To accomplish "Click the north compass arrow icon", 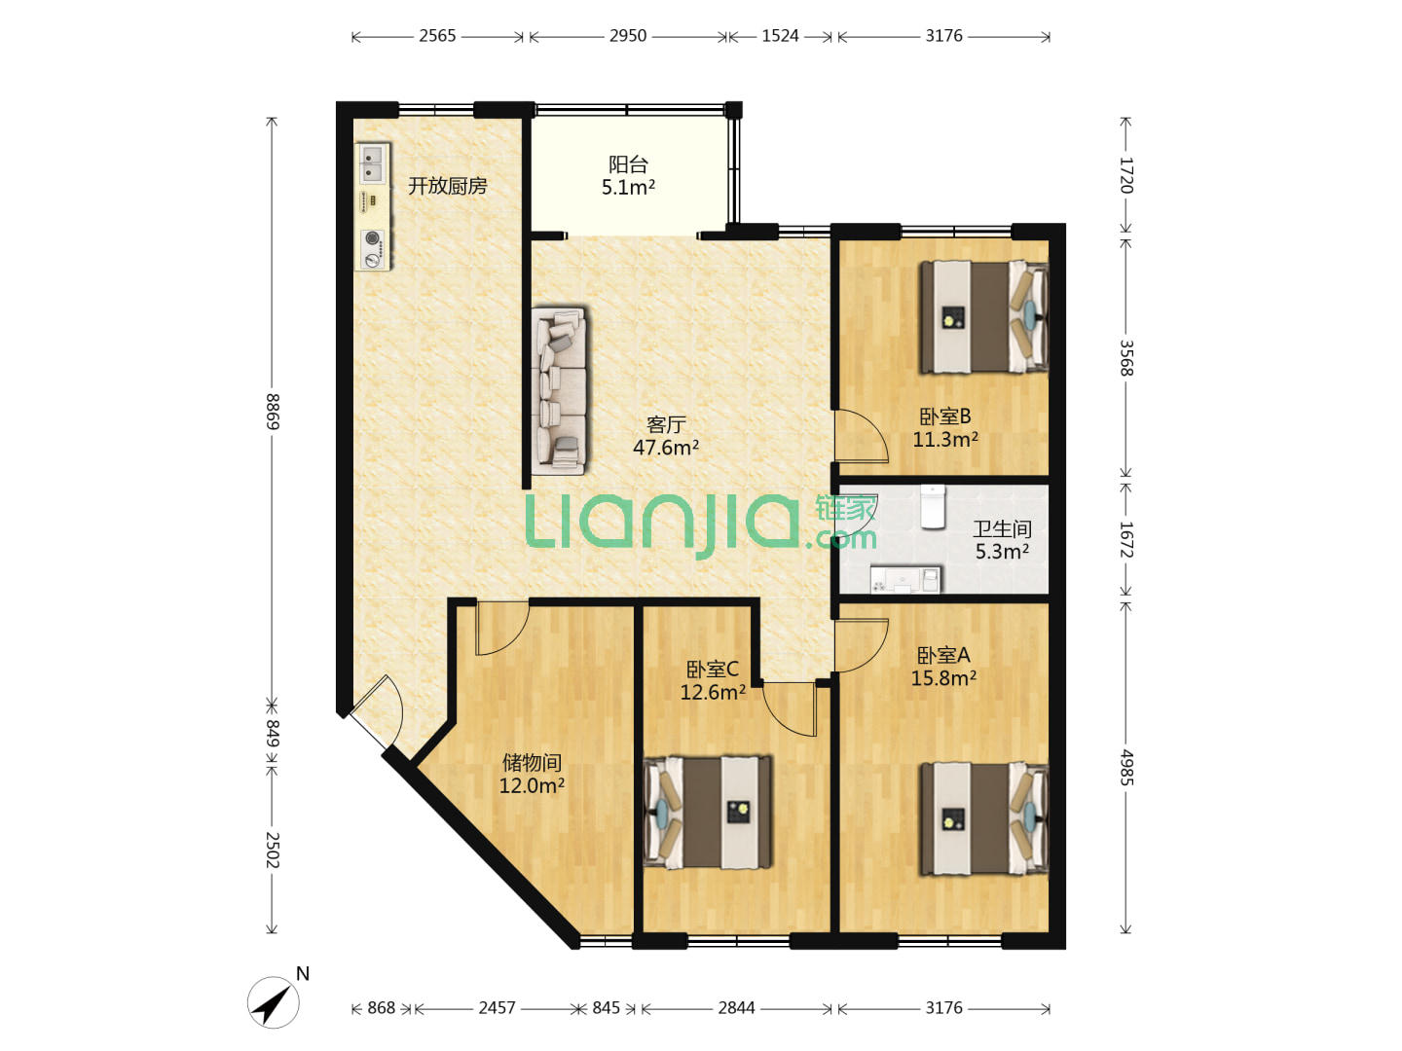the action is pos(274,1002).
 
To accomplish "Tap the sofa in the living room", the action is pos(559,391).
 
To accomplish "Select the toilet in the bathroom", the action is pos(933,507).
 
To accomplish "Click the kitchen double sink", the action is pos(373,163).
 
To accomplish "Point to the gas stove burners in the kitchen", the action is pos(373,247).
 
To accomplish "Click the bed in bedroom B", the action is pos(983,317).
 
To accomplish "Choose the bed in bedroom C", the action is pos(708,813).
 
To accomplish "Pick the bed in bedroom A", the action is pos(983,818).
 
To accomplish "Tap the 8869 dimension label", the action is pos(273,412).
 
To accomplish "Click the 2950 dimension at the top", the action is pos(627,36).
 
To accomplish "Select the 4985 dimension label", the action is pos(1126,768).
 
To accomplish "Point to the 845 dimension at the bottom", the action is pos(606,1007).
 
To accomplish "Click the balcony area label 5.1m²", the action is pos(628,187).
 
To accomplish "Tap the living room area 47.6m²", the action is pos(666,448).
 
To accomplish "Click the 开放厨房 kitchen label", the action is pos(447,186).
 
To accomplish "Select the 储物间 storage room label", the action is pos(532,762).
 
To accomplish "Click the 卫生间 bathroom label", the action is pos(1002,528).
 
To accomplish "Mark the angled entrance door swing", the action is pos(378,711).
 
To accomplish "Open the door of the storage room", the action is pos(502,628).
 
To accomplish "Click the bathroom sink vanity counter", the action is pos(905,579).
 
